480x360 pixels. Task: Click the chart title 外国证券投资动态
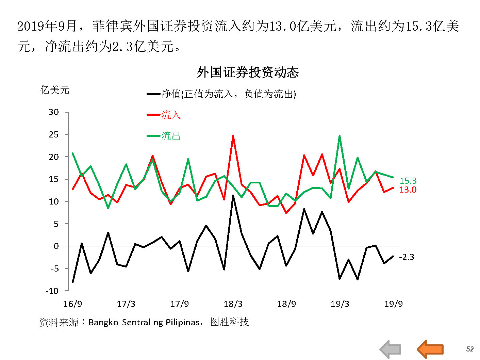248,72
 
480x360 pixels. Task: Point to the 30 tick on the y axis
54,112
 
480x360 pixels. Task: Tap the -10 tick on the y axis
52,291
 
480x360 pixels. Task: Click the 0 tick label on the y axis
56,246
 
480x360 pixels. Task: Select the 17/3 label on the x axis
126,304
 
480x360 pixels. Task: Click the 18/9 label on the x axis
286,304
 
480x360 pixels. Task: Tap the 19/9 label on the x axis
393,304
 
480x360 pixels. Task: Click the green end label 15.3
408,181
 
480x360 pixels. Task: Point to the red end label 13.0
408,190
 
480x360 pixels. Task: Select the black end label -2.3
407,257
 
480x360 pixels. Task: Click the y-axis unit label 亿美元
55,90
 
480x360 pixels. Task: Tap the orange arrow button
430,349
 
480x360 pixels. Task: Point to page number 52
470,349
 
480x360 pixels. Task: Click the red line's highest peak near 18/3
233,136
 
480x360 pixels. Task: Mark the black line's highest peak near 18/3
233,196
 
